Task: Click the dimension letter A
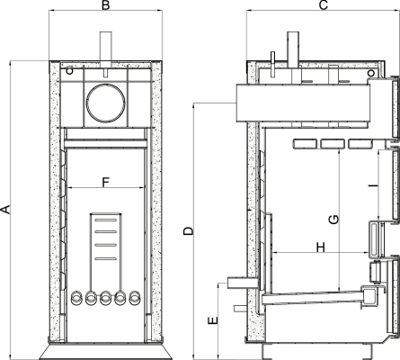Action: pyautogui.click(x=5, y=210)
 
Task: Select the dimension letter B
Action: pyautogui.click(x=105, y=5)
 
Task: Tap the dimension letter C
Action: pyautogui.click(x=324, y=5)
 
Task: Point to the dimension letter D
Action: pyautogui.click(x=189, y=231)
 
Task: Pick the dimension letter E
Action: pyautogui.click(x=213, y=320)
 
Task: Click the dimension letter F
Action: pyautogui.click(x=106, y=182)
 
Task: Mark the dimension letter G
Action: pyautogui.click(x=333, y=220)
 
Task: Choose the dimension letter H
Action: pyautogui.click(x=321, y=247)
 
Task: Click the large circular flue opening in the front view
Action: pyautogui.click(x=105, y=103)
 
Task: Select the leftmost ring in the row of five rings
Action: pyautogui.click(x=76, y=298)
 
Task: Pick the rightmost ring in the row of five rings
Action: pyautogui.click(x=135, y=298)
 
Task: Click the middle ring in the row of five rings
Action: pyautogui.click(x=105, y=298)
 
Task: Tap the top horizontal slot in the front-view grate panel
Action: pyautogui.click(x=105, y=220)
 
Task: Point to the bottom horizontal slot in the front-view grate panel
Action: pyautogui.click(x=105, y=258)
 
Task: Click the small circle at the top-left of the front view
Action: pyautogui.click(x=69, y=71)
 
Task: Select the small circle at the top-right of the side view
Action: pyautogui.click(x=371, y=73)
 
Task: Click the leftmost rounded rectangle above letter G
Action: pyautogui.click(x=305, y=143)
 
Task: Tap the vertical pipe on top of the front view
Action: pyautogui.click(x=105, y=49)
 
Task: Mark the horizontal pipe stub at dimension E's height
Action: pyautogui.click(x=243, y=283)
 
